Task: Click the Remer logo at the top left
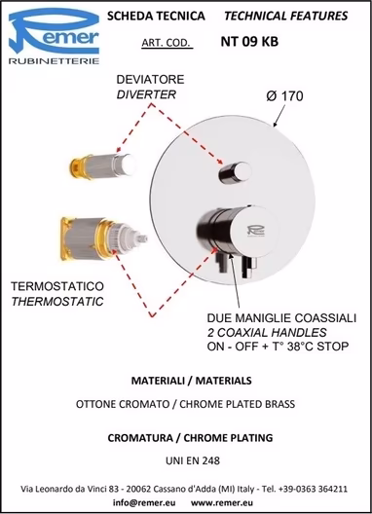[54, 36]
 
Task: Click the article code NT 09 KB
[249, 42]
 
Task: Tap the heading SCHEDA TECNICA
[156, 16]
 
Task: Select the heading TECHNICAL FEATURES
[285, 16]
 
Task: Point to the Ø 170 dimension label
[284, 96]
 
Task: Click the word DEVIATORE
[151, 80]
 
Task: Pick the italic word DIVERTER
[146, 94]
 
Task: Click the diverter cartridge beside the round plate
[103, 165]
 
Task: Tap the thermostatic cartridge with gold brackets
[103, 239]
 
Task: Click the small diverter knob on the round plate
[235, 171]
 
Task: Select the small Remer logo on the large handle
[256, 231]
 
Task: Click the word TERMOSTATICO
[57, 286]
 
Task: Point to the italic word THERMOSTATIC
[57, 301]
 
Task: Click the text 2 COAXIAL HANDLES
[267, 332]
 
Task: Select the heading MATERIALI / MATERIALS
[192, 381]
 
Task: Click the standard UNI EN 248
[193, 460]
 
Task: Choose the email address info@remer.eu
[144, 502]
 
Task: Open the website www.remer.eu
[222, 502]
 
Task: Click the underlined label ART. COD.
[166, 43]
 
